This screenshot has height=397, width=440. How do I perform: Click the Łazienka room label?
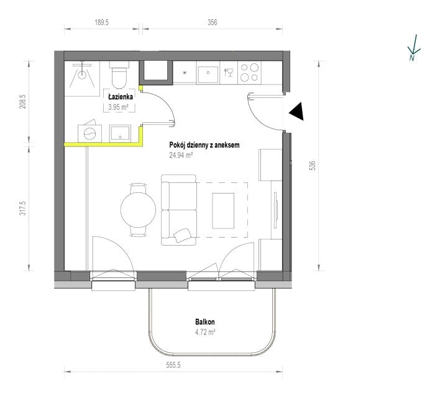pyautogui.click(x=121, y=97)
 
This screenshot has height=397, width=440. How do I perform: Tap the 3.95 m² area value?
pyautogui.click(x=119, y=107)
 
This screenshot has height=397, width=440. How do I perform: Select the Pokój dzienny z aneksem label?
pyautogui.click(x=204, y=145)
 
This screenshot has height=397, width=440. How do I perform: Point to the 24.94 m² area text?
pyautogui.click(x=181, y=155)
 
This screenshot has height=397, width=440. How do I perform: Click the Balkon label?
pyautogui.click(x=205, y=322)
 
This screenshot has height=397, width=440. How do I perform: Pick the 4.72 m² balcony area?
pyautogui.click(x=205, y=332)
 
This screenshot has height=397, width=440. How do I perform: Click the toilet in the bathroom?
pyautogui.click(x=119, y=75)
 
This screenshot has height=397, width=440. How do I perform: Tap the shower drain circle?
pyautogui.click(x=82, y=74)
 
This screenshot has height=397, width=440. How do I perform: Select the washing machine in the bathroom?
pyautogui.click(x=89, y=133)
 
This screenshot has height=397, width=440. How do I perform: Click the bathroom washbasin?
pyautogui.click(x=120, y=133)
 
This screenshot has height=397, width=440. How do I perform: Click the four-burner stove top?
pyautogui.click(x=249, y=73)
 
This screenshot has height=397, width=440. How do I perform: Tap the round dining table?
pyautogui.click(x=138, y=209)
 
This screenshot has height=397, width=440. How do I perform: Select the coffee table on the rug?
pyautogui.click(x=223, y=211)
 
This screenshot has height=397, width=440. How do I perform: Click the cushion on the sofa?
pyautogui.click(x=182, y=235)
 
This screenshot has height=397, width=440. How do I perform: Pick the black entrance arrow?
pyautogui.click(x=296, y=111)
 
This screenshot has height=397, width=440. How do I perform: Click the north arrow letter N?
pyautogui.click(x=411, y=58)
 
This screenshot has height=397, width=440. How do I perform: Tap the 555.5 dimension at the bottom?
pyautogui.click(x=173, y=365)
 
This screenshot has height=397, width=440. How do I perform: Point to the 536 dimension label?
pyautogui.click(x=313, y=165)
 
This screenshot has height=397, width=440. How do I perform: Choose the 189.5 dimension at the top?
pyautogui.click(x=101, y=22)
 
